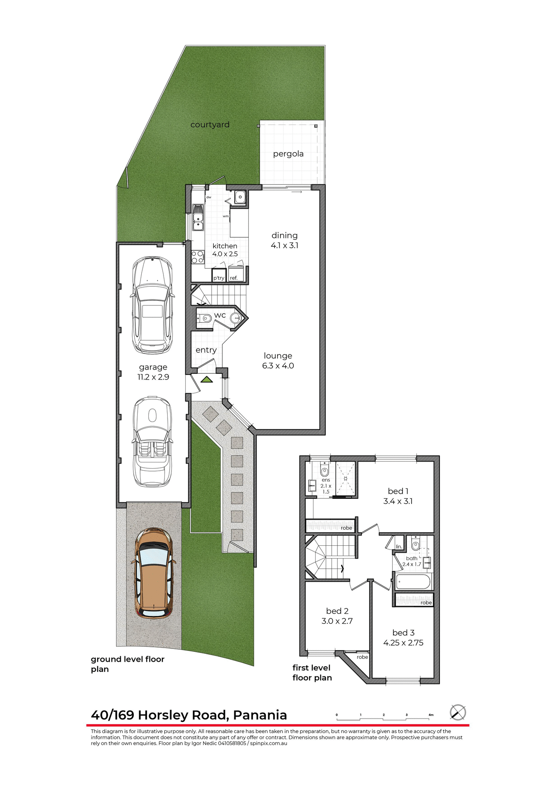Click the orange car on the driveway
click(x=154, y=573)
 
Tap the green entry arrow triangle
click(x=206, y=379)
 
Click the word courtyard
click(x=210, y=125)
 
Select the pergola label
click(x=288, y=154)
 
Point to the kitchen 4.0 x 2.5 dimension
click(x=225, y=254)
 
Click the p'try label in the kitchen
click(x=219, y=278)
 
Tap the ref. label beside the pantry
click(x=234, y=278)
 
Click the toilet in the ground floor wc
click(x=204, y=318)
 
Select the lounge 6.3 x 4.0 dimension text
click(x=278, y=366)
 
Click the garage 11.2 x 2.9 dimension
click(x=153, y=377)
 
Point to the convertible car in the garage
click(x=152, y=441)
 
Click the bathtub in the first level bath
click(x=413, y=582)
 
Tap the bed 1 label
click(x=398, y=491)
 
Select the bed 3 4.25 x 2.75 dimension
click(x=403, y=643)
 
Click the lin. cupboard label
click(x=399, y=547)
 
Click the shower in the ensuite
click(x=346, y=478)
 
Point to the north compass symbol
click(x=458, y=712)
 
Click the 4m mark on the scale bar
click(x=431, y=715)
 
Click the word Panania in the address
click(x=260, y=715)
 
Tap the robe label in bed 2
click(x=362, y=657)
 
